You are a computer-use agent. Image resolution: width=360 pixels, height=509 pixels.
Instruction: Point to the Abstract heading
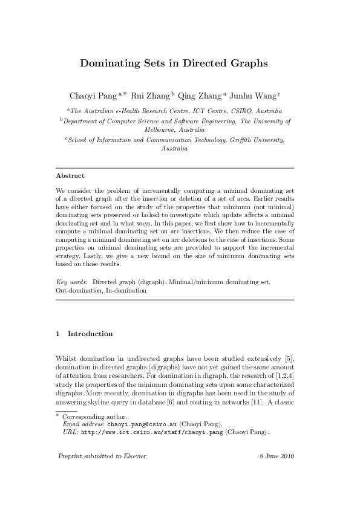click(x=70, y=176)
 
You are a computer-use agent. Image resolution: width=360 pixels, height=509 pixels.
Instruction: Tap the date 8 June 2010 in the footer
click(x=272, y=455)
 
